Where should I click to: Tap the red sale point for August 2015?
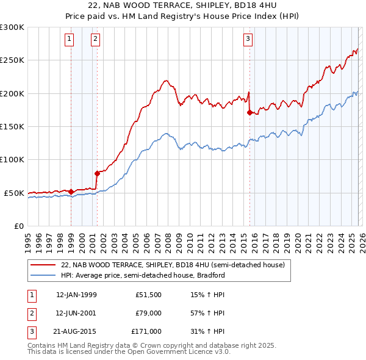[x=249, y=112]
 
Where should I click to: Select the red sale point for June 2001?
[x=97, y=173]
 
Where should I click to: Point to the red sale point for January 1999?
[x=71, y=192]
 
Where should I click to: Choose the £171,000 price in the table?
[x=146, y=331]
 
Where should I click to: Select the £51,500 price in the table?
[x=148, y=295]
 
